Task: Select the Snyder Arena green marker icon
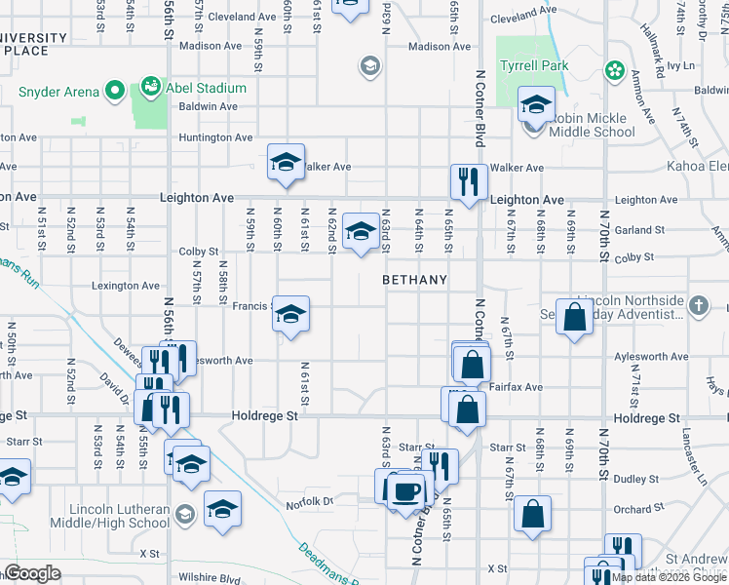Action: click(113, 93)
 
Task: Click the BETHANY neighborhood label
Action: click(414, 280)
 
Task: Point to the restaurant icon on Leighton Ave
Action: click(469, 181)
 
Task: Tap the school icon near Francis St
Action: click(290, 314)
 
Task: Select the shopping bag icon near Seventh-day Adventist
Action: click(575, 315)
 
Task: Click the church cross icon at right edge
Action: click(698, 306)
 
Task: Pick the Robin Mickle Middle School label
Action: click(593, 132)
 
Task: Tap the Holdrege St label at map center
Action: click(264, 416)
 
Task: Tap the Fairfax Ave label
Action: click(518, 387)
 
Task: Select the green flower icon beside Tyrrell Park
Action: click(614, 69)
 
